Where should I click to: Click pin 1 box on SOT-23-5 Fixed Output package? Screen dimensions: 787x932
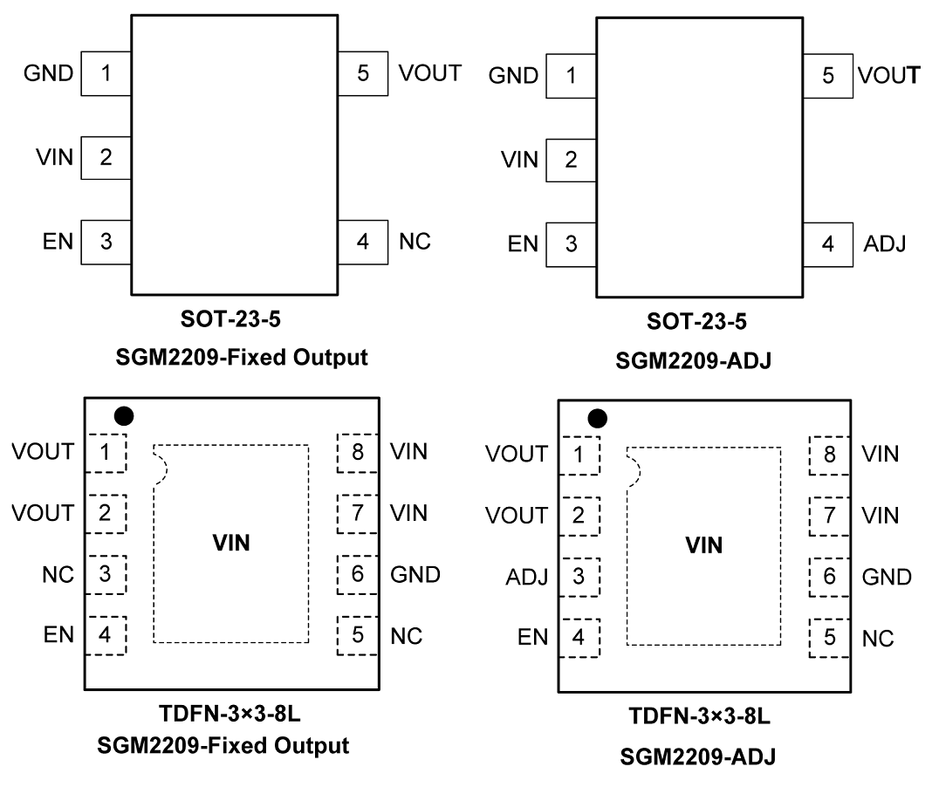106,73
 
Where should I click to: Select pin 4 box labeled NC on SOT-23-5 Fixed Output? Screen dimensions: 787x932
363,241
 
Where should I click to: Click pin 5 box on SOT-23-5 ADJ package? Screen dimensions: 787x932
827,75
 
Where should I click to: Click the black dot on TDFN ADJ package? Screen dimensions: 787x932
597,419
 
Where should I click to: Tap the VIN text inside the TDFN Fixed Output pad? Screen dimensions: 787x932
231,543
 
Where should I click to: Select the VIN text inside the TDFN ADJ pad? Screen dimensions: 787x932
704,545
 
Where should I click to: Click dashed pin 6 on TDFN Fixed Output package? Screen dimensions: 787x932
358,574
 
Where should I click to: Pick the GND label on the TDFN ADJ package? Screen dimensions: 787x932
886,577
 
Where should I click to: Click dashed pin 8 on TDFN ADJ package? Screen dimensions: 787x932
830,454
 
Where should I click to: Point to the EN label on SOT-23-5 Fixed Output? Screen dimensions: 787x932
57,241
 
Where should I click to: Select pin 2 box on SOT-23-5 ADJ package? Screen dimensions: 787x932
571,160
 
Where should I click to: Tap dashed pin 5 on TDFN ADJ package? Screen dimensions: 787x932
830,638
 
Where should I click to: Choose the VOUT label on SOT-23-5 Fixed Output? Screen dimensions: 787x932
429,72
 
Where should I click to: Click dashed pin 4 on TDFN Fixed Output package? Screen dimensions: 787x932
106,635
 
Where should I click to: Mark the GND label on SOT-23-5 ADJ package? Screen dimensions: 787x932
513,76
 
